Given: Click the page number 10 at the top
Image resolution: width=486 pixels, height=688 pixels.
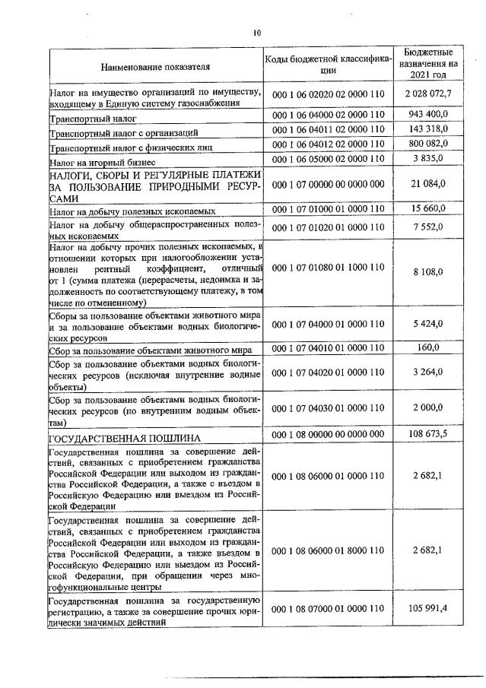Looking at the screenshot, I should pyautogui.click(x=256, y=33).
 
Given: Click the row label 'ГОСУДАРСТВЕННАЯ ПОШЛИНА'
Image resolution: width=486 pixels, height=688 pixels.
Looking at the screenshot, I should pyautogui.click(x=125, y=439).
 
